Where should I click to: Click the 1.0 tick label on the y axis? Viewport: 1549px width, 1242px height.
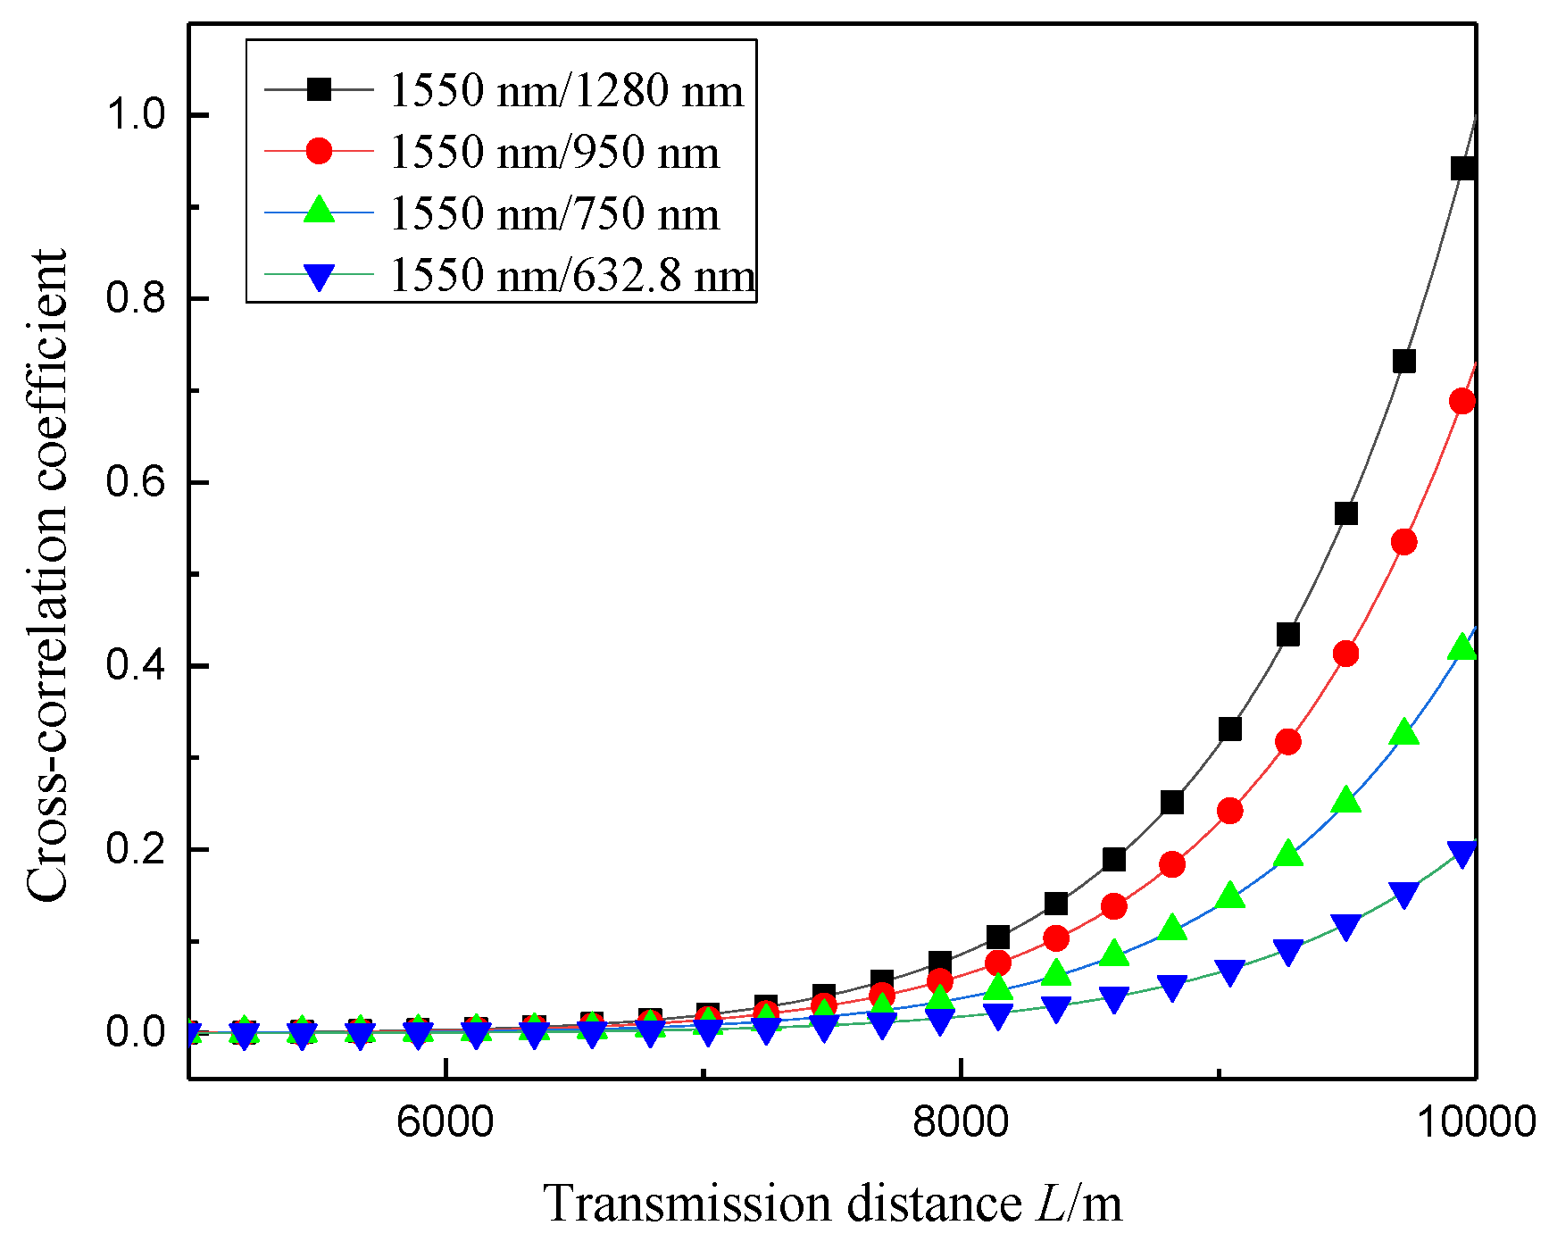pos(135,115)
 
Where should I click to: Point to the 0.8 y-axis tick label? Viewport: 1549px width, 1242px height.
pos(135,298)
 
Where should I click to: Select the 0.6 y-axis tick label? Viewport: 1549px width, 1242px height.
pos(135,482)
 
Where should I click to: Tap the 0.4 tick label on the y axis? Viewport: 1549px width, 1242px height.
pos(135,666)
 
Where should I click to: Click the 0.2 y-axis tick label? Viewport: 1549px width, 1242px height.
pos(135,849)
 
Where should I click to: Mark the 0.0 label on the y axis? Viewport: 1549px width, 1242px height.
pos(135,1032)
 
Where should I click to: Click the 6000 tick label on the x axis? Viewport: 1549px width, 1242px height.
pos(445,1121)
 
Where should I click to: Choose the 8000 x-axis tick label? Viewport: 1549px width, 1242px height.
pos(960,1121)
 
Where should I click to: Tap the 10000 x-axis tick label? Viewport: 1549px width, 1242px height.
pos(1476,1121)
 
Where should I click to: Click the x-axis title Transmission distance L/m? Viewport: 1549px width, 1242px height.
pos(832,1203)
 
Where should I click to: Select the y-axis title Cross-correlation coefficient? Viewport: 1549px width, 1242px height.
pos(46,576)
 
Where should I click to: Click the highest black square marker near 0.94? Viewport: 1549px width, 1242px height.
pos(1462,168)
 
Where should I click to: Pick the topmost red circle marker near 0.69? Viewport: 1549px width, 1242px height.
pos(1462,402)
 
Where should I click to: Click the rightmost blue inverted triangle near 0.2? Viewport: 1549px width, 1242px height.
pos(1462,853)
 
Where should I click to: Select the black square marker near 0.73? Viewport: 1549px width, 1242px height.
pos(1404,362)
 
